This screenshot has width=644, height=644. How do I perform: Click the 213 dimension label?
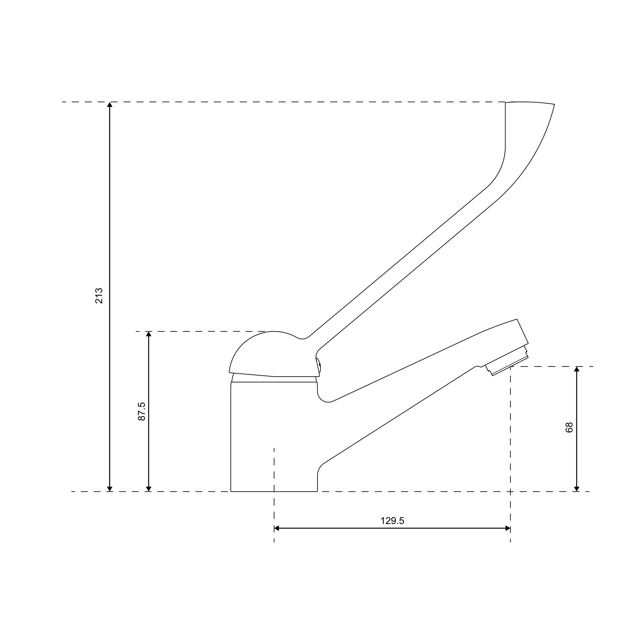99,296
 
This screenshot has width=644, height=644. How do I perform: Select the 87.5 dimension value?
142,411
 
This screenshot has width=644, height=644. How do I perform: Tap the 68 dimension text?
569,427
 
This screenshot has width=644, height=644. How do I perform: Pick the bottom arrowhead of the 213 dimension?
110,489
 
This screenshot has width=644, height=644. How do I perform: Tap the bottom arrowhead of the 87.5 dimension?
149,489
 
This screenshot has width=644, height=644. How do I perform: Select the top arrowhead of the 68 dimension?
577,369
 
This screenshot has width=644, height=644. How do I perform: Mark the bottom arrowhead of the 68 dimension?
577,489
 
